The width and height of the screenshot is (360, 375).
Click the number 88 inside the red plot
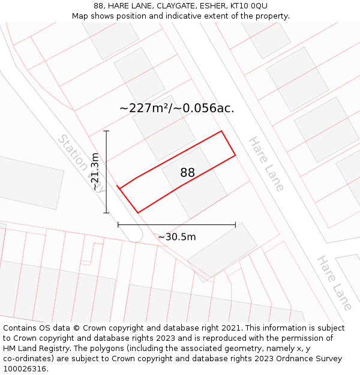pos(187,173)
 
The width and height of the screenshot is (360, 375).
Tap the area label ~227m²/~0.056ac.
pos(176,108)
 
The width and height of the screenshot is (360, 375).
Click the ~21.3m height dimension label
pos(95,172)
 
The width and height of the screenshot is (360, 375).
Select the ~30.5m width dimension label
pos(177,237)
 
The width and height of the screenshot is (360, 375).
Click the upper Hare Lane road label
pos(266,164)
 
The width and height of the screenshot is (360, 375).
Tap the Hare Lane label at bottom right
pos(335,283)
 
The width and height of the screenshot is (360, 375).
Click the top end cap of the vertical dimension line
pos(106,131)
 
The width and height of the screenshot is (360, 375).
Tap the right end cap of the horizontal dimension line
pos(235,225)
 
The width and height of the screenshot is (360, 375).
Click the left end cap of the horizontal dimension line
pos(118,225)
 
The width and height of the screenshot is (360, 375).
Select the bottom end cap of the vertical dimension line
pos(106,213)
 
